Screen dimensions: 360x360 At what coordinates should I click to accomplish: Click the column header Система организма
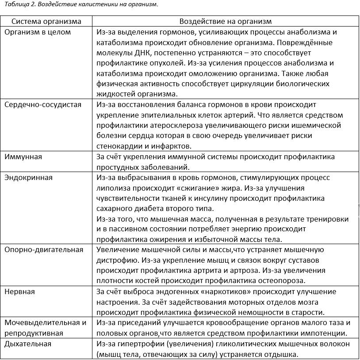point(46,21)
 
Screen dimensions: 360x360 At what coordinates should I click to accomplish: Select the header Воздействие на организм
point(226,21)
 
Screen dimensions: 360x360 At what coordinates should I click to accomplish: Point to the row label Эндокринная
point(28,177)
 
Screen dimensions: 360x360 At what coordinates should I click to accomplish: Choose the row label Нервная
point(19,291)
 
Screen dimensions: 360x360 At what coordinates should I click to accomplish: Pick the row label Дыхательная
point(28,344)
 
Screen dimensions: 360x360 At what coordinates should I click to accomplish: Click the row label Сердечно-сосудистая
point(43,104)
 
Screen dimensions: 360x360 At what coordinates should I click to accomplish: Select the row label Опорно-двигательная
point(44,249)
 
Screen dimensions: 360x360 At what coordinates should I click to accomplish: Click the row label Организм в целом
point(38,32)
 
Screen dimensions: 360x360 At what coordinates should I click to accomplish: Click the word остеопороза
point(280,280)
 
